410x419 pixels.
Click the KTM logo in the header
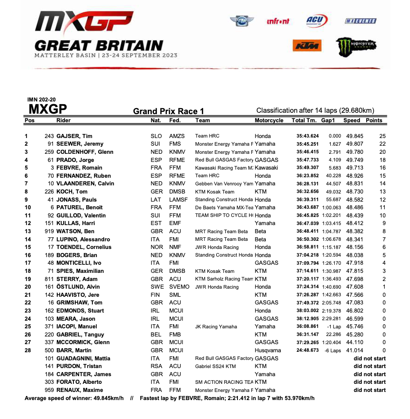click(x=306, y=46)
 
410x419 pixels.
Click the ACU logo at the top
click(x=317, y=20)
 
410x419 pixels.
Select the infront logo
click(x=278, y=21)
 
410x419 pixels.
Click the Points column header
click(x=374, y=120)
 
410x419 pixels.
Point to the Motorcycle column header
click(x=269, y=120)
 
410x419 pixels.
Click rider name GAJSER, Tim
click(x=74, y=136)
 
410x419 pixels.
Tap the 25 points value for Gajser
click(x=383, y=136)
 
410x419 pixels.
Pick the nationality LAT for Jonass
click(x=155, y=199)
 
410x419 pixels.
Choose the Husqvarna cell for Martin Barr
click(x=268, y=350)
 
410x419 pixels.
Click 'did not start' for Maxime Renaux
click(x=369, y=390)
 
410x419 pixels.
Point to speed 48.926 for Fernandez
click(x=353, y=175)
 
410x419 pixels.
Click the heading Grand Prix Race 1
click(x=169, y=111)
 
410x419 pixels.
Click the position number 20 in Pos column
click(x=27, y=287)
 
